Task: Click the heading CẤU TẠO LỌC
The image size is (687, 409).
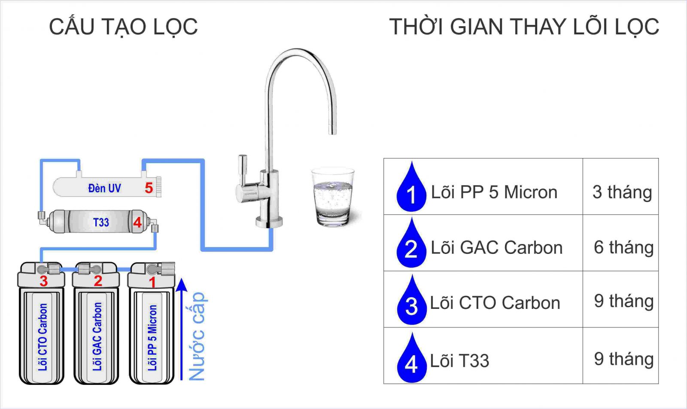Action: [x=123, y=27]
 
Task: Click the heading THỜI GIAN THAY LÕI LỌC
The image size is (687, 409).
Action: [x=524, y=27]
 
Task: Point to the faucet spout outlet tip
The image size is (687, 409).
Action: [x=332, y=131]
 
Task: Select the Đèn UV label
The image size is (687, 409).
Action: [x=104, y=188]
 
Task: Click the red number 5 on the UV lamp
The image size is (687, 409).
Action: [x=149, y=188]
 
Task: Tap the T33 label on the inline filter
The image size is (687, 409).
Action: [x=101, y=223]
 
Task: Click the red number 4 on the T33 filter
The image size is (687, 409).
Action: [x=137, y=223]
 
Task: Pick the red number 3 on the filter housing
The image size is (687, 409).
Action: [x=43, y=281]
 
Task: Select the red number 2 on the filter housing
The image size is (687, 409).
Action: [x=98, y=281]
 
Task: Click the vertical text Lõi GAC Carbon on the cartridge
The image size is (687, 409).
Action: [x=97, y=336]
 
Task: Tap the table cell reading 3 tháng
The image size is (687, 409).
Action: [x=622, y=192]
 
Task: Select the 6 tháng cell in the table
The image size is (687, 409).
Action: [x=623, y=247]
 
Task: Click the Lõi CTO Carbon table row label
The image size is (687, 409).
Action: [x=495, y=303]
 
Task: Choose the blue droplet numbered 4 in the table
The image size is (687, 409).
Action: [x=411, y=360]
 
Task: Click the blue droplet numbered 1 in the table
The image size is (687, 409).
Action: [x=411, y=189]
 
